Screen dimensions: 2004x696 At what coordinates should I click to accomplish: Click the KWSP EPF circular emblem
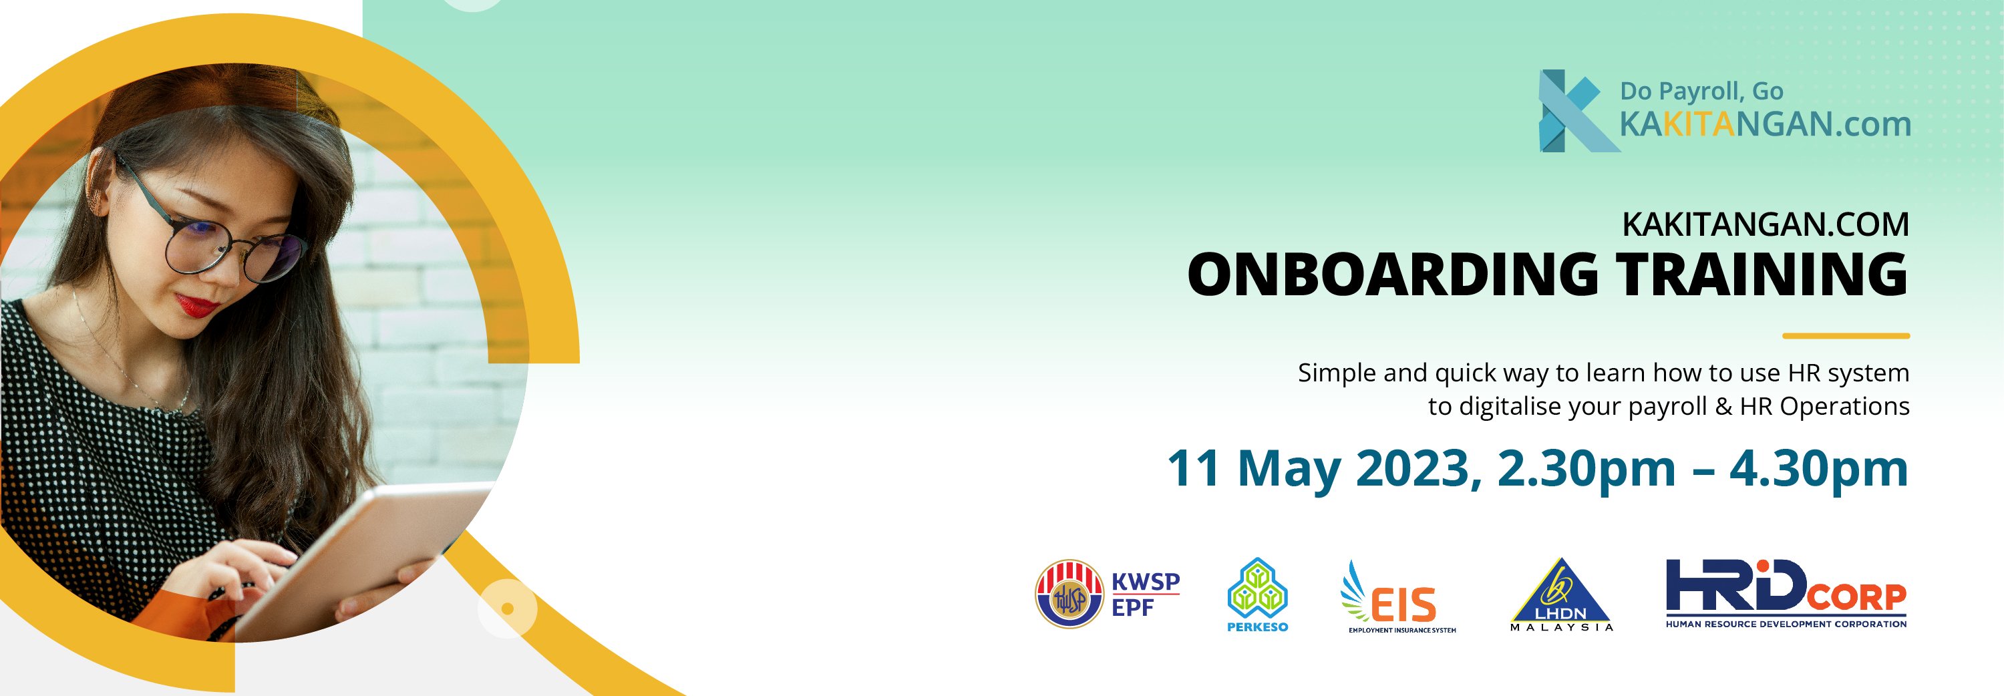[1069, 594]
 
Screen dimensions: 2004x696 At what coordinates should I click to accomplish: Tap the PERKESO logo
[1257, 595]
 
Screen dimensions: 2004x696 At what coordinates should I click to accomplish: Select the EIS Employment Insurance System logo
[1398, 597]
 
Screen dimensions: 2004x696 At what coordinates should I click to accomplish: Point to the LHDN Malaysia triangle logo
[1561, 595]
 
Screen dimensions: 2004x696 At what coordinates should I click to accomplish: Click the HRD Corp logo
[1786, 593]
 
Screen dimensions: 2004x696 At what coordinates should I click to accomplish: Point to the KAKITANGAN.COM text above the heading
[1765, 224]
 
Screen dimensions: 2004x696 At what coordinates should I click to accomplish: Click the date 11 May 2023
[1319, 468]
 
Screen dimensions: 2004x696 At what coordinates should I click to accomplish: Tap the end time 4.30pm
[1819, 469]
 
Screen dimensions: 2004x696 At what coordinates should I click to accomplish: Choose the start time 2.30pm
[1586, 469]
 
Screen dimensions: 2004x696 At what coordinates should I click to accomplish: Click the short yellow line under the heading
[1846, 336]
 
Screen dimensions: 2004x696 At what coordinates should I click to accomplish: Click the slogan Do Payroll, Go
[1701, 91]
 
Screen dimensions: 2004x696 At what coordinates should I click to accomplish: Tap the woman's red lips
[196, 304]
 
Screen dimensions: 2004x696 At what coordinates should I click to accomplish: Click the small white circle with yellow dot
[507, 608]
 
